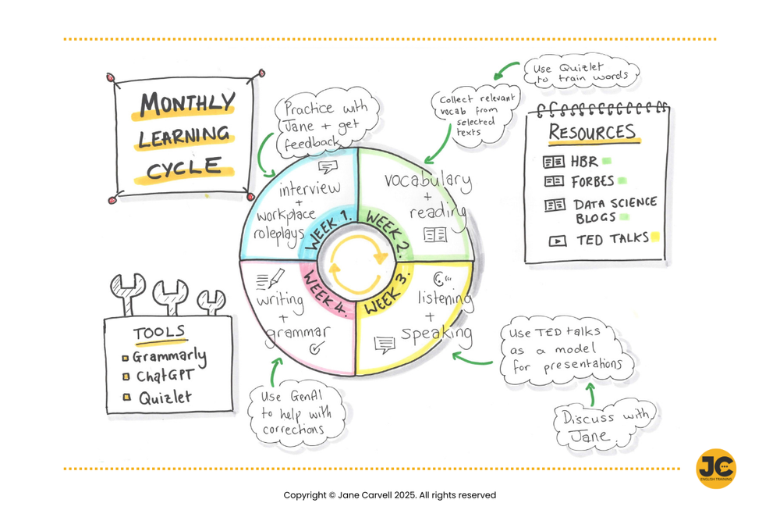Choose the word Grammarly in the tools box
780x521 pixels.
click(x=169, y=356)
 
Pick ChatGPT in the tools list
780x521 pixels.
click(x=165, y=376)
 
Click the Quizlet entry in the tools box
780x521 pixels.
click(x=165, y=398)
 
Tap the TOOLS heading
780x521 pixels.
click(x=159, y=334)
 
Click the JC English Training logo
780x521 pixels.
click(x=715, y=468)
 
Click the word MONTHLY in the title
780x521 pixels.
click(x=187, y=103)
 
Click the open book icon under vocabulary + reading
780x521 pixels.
click(x=435, y=234)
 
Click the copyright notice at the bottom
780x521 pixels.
click(x=389, y=495)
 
